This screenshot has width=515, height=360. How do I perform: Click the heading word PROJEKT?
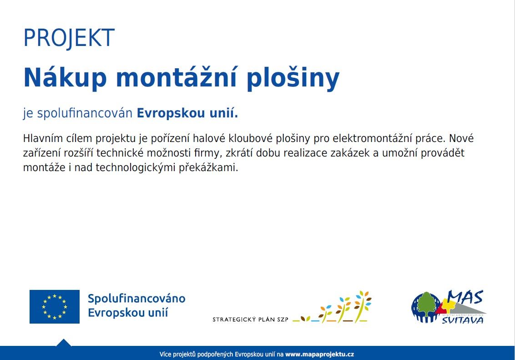click(69, 38)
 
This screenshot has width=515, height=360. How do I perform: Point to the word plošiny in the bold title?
click(293, 78)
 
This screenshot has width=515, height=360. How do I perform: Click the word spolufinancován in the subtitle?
click(85, 113)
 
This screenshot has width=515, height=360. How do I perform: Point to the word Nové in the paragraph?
click(461, 138)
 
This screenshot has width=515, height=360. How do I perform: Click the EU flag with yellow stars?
click(55, 306)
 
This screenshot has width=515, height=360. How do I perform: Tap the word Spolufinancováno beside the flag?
click(136, 299)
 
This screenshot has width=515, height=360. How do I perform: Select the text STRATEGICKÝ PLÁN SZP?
click(251, 319)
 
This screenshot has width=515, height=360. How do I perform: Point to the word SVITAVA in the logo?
click(462, 320)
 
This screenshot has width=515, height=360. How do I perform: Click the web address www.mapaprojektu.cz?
click(319, 355)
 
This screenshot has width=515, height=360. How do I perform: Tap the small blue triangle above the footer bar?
click(63, 343)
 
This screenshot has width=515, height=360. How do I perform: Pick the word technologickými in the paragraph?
click(135, 168)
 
